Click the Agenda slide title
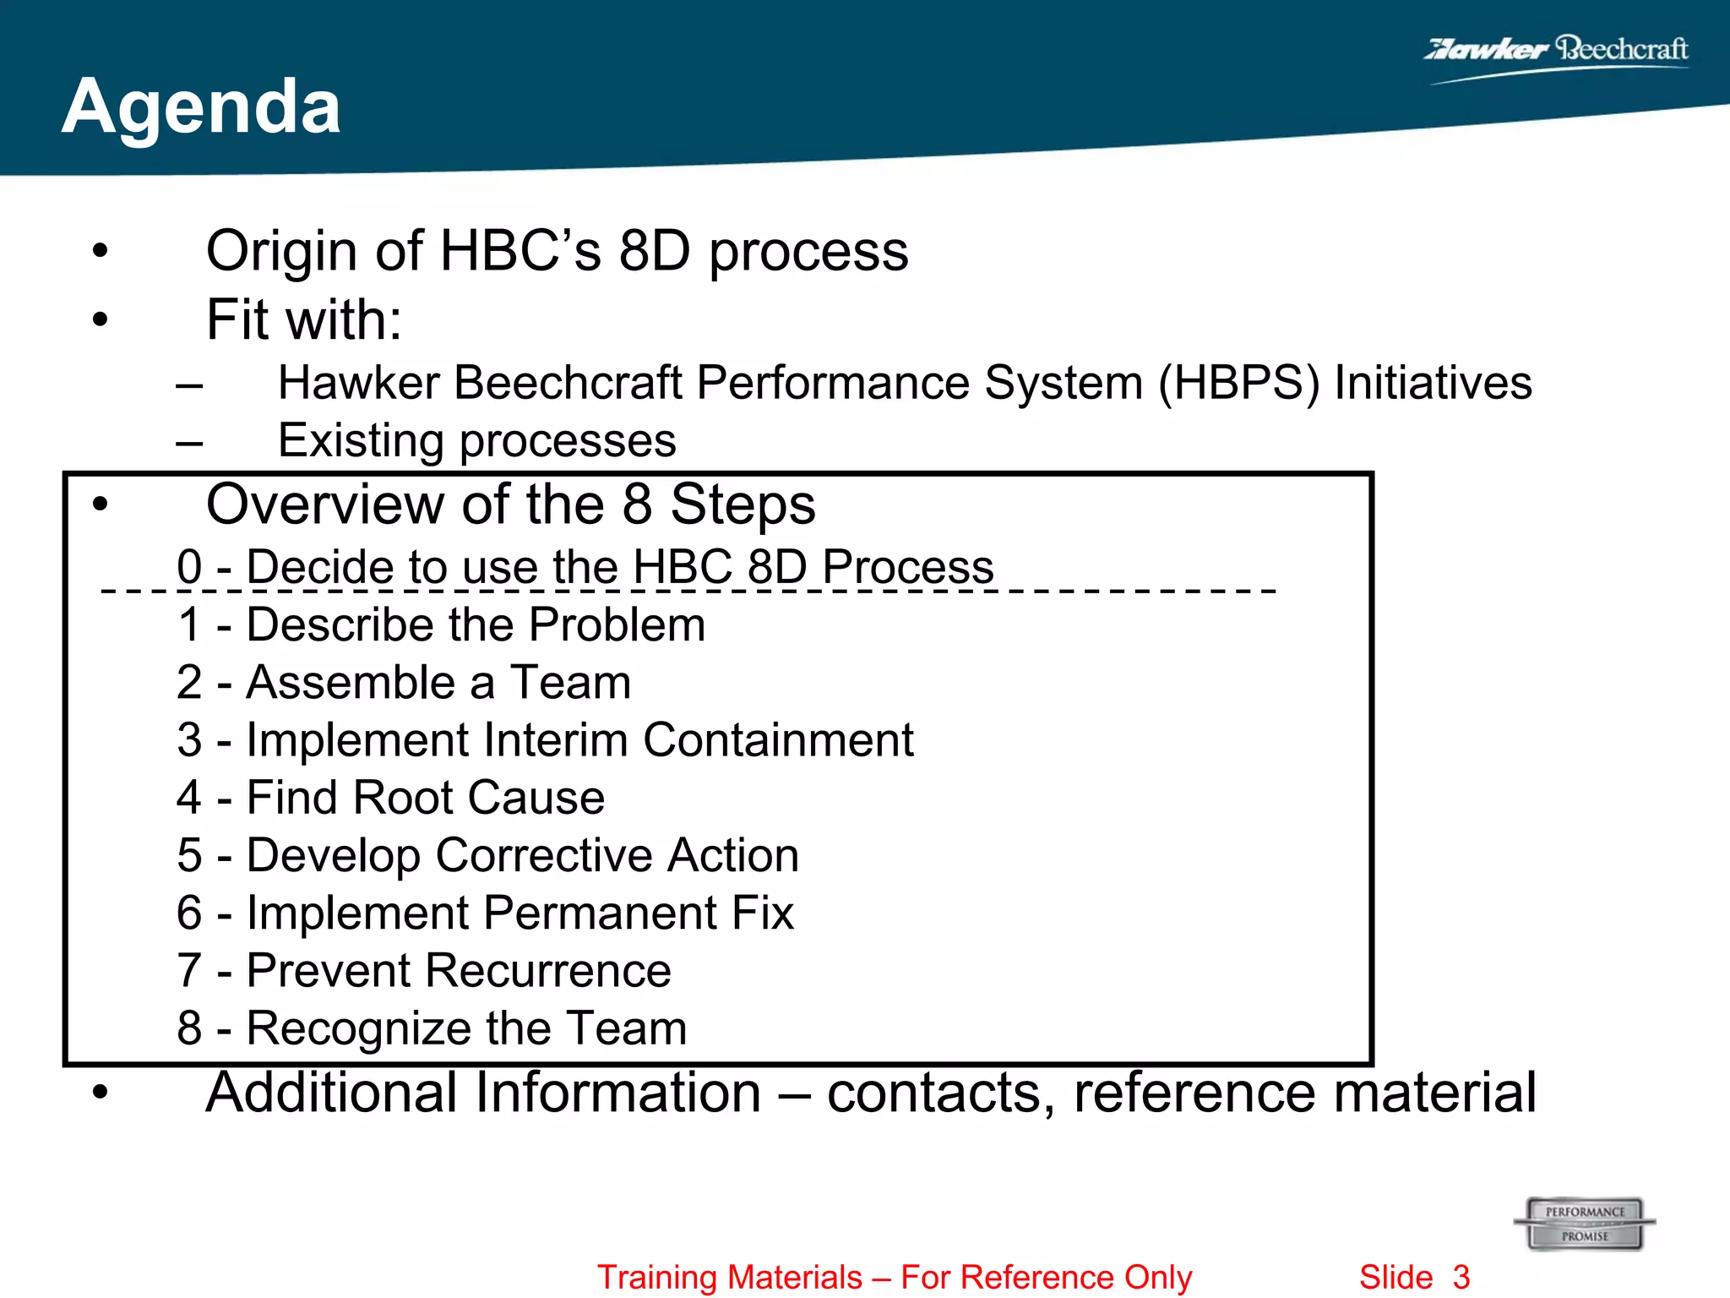coord(201,106)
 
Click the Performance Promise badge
coord(1585,1224)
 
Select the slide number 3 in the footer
coord(1461,1277)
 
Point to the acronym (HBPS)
coord(1238,384)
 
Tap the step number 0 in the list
coord(189,566)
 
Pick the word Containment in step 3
coord(778,740)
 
